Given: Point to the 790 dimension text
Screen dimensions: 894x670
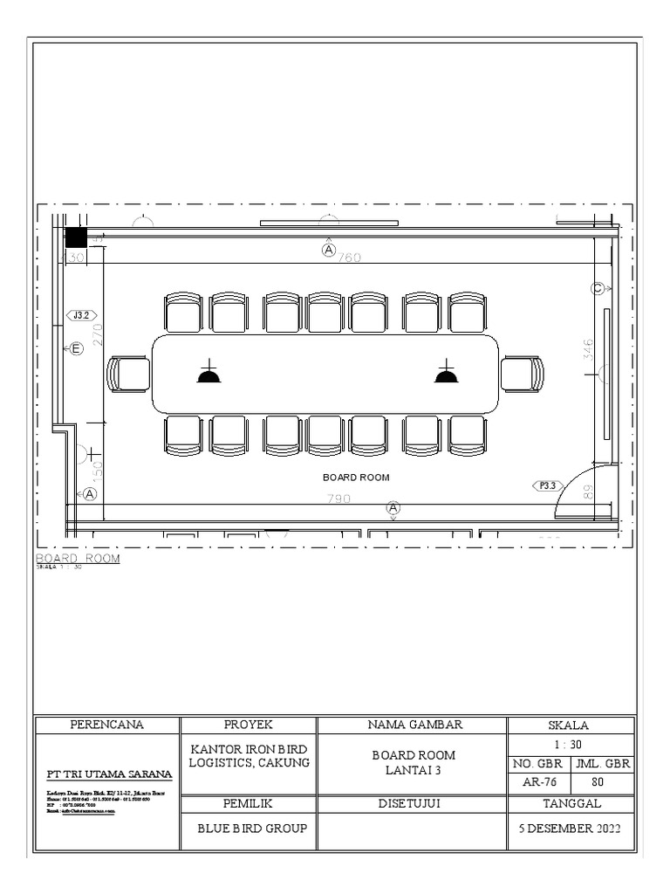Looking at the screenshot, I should coord(338,499).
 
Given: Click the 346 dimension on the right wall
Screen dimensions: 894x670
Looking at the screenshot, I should coord(588,349).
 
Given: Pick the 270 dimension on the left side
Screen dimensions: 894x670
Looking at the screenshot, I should coord(97,334).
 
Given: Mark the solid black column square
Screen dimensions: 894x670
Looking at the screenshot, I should coord(77,238).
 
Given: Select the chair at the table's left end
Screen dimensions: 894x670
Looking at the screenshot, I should coord(129,375).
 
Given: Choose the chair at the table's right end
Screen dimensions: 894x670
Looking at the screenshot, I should coord(523,375).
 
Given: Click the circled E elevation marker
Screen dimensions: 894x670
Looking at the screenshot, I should coord(76,349).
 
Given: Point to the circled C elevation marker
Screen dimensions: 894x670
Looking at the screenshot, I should coord(598,289).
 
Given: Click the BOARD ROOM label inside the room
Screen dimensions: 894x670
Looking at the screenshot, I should coord(356,478).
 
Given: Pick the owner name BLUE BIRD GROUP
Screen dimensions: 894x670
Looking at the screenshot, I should coord(248,829).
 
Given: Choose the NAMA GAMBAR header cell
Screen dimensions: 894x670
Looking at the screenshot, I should coord(412,725).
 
